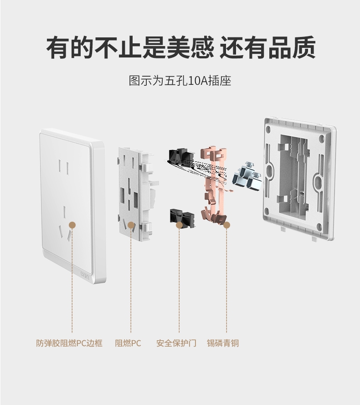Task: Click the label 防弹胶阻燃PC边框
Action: (69, 343)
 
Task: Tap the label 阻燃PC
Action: (128, 343)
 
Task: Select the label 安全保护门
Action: (176, 343)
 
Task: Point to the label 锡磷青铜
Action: (223, 343)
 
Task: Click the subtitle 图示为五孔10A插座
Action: (180, 80)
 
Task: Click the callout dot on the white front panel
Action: (72, 225)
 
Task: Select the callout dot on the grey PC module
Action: (131, 225)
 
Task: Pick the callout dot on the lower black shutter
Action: (179, 225)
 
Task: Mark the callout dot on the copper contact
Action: (226, 225)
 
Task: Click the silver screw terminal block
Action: (247, 177)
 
